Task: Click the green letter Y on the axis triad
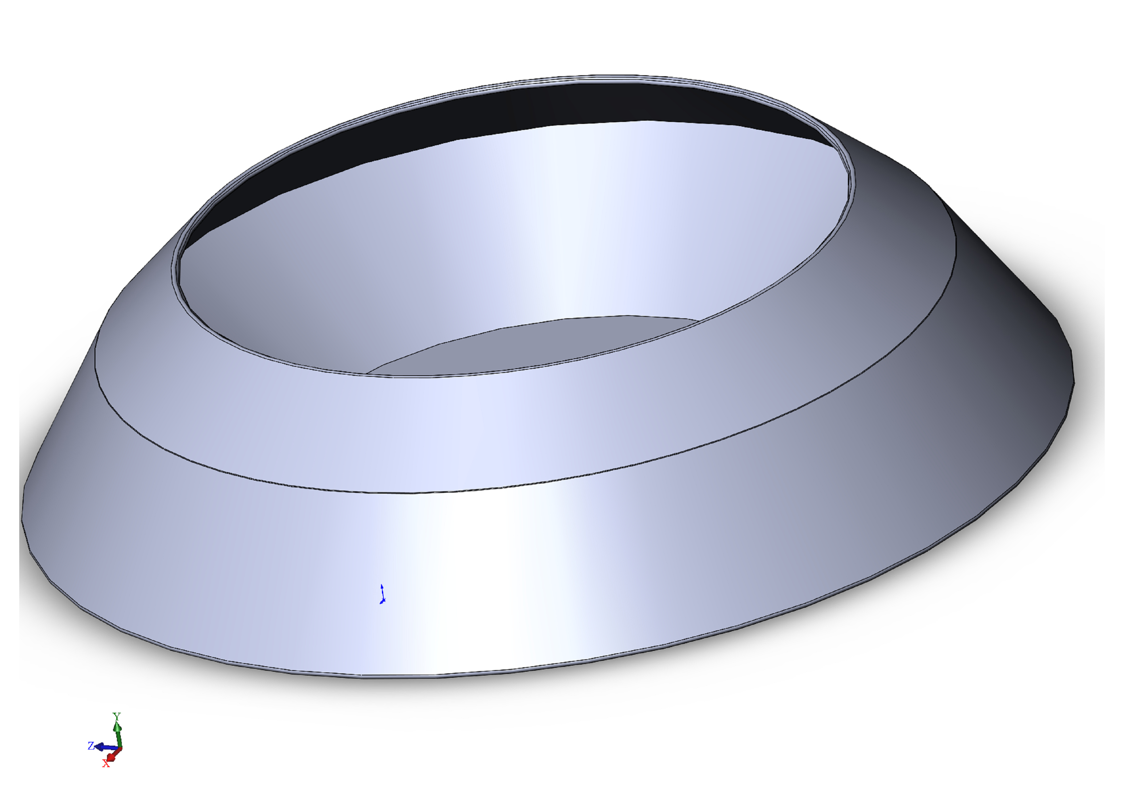click(117, 717)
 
